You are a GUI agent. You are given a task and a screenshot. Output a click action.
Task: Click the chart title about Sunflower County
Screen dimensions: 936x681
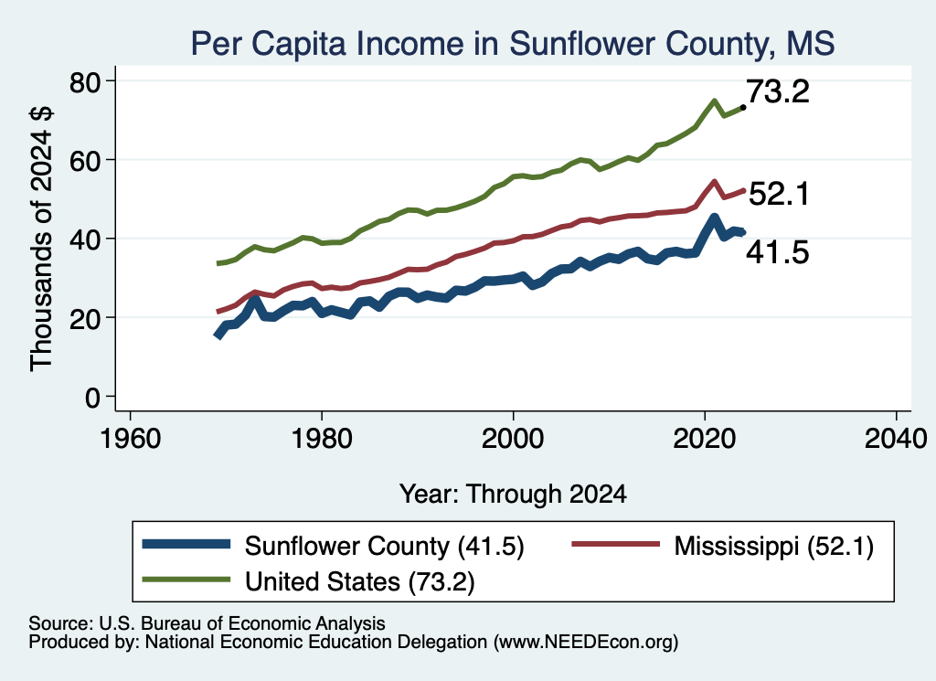pyautogui.click(x=512, y=43)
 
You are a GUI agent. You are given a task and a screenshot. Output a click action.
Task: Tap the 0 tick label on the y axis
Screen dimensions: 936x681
pyautogui.click(x=92, y=398)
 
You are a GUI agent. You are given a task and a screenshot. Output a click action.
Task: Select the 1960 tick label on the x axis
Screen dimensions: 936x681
pyautogui.click(x=130, y=439)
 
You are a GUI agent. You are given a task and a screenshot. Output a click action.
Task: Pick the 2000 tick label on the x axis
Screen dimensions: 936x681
pyautogui.click(x=513, y=439)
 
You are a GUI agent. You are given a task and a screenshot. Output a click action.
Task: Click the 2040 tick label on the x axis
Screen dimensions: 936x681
pyautogui.click(x=896, y=439)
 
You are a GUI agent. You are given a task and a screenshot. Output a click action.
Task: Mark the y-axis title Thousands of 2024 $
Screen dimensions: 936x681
pyautogui.click(x=41, y=239)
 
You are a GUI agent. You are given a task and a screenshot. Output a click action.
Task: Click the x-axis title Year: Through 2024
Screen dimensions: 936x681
pyautogui.click(x=513, y=495)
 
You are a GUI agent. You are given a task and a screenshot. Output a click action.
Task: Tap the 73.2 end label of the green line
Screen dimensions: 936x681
pyautogui.click(x=778, y=91)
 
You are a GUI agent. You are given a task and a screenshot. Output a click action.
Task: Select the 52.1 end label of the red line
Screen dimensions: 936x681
pyautogui.click(x=779, y=194)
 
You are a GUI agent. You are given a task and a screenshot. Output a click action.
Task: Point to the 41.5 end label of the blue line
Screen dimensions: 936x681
pyautogui.click(x=778, y=252)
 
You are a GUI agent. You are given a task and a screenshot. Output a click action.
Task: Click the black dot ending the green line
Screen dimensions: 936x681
pyautogui.click(x=743, y=108)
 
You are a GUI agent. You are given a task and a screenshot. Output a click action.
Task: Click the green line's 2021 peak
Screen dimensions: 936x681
pyautogui.click(x=714, y=101)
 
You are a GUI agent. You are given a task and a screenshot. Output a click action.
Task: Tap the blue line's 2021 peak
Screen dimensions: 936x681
pyautogui.click(x=714, y=218)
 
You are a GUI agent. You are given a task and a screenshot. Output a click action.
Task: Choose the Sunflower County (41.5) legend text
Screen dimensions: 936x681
pyautogui.click(x=385, y=546)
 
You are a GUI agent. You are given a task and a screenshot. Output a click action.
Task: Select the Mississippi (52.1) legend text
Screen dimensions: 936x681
pyautogui.click(x=773, y=546)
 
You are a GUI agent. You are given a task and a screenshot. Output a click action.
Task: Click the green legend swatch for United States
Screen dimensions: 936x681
pyautogui.click(x=186, y=580)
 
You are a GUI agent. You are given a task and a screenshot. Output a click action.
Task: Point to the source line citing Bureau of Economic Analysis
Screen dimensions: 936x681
pyautogui.click(x=207, y=623)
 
